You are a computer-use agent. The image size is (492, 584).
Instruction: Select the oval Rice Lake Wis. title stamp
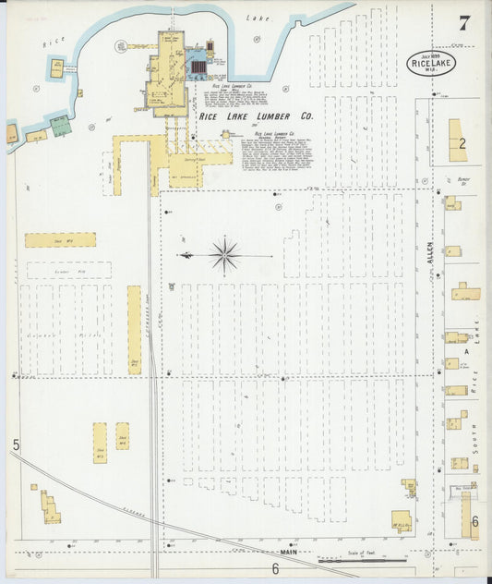pos(430,64)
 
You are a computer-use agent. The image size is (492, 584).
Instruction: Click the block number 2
pos(462,142)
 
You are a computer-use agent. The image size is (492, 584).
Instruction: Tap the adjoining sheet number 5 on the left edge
pos(16,446)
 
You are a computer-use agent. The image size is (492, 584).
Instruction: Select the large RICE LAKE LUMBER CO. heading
pos(256,117)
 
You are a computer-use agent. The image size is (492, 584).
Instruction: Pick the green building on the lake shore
pos(60,126)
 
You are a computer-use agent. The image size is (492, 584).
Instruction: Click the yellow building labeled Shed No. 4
pos(60,239)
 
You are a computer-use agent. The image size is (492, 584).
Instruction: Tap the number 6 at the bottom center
pos(274,568)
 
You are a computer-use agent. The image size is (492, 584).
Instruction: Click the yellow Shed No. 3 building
pos(100,443)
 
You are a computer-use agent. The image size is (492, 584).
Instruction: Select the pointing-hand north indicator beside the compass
pos(186,254)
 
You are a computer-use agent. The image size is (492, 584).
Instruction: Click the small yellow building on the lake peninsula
pos(57,67)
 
